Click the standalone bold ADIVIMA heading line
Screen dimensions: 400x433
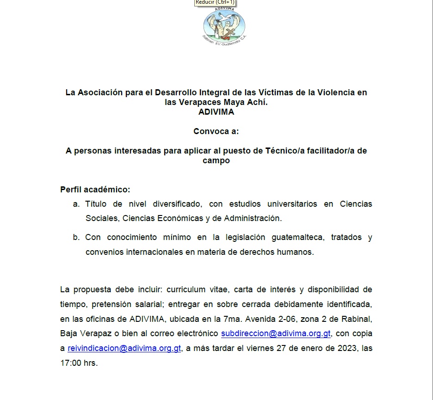(216, 112)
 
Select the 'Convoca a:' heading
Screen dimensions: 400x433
(216, 131)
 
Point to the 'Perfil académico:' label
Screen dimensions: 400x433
(95, 190)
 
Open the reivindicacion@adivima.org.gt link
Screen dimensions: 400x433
(124, 348)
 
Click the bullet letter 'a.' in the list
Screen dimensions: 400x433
(76, 204)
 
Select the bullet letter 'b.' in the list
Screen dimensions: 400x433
(76, 238)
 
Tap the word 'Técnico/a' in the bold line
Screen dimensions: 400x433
(283, 151)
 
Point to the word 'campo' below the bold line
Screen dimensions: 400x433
(216, 161)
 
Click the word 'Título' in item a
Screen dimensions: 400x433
(96, 204)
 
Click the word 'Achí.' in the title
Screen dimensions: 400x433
(257, 102)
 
